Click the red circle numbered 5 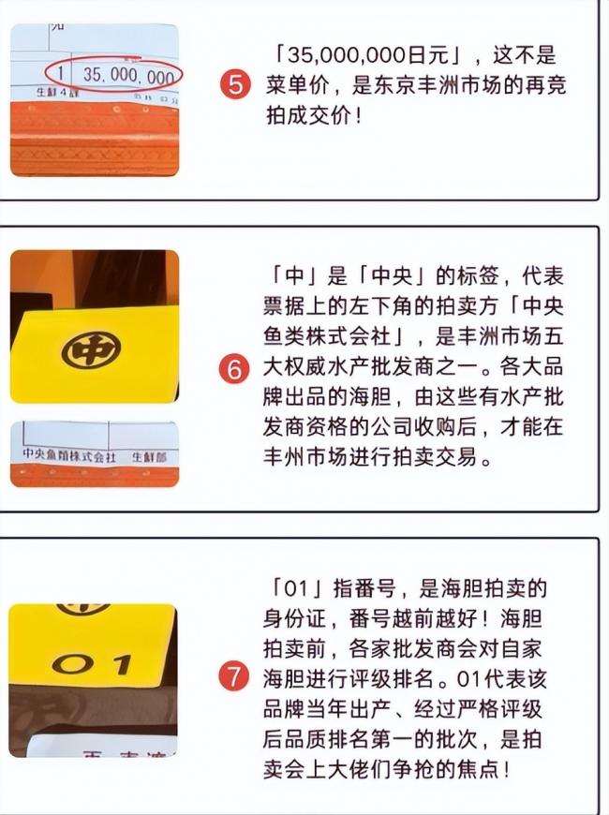click(236, 86)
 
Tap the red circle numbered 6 click(236, 369)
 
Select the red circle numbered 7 click(236, 675)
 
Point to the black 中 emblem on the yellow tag click(91, 349)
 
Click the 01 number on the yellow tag click(92, 665)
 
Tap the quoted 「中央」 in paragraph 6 click(384, 278)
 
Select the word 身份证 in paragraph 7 click(297, 618)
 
